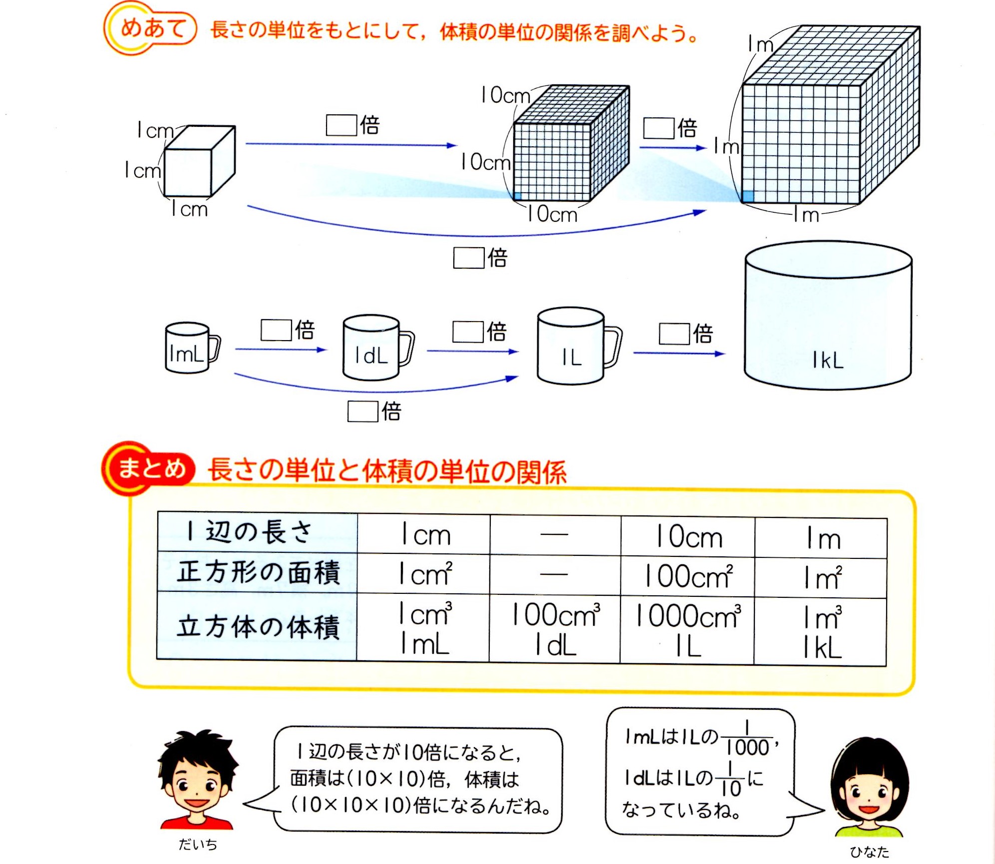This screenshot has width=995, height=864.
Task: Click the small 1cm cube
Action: click(199, 162)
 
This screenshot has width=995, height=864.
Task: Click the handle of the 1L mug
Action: click(613, 346)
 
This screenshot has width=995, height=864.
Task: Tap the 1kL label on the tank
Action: click(828, 360)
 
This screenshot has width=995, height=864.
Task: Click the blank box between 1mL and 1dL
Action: click(276, 330)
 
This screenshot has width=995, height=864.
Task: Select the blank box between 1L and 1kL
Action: click(674, 334)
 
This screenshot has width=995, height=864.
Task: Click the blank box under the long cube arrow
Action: click(468, 258)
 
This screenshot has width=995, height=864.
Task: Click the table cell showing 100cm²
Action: click(687, 576)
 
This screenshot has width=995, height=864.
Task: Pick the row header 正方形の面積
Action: click(258, 573)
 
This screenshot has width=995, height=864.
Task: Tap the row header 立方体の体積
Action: click(258, 627)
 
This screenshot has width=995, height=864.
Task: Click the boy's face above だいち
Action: click(197, 784)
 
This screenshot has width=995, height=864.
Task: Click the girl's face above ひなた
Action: click(869, 789)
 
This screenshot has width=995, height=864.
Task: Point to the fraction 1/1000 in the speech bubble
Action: click(747, 738)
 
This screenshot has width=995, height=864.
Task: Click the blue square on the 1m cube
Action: click(748, 196)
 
